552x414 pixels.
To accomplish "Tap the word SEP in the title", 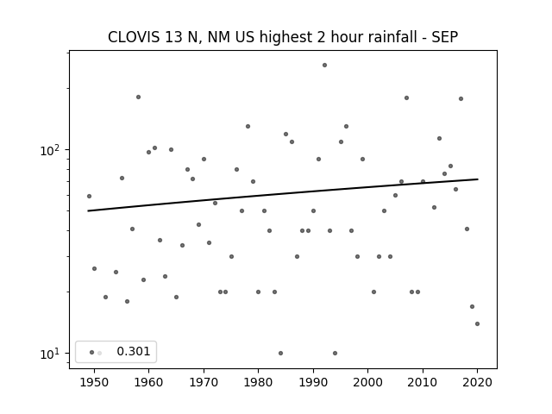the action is (445, 37).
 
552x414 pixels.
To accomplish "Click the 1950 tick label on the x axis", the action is (94, 382).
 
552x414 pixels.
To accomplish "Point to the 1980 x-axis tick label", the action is (258, 382).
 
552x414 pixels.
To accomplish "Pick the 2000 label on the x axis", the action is (367, 382).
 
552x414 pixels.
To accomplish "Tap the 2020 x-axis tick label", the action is (477, 382).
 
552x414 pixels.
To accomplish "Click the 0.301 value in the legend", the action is (134, 351).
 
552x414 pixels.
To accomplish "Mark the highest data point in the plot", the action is (324, 66).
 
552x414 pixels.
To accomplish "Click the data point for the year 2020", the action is (477, 324).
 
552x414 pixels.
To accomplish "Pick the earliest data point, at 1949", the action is (89, 196).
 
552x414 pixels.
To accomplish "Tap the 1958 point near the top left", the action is (138, 97).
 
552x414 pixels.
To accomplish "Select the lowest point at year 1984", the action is (280, 353).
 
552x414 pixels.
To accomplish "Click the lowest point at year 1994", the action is (336, 353).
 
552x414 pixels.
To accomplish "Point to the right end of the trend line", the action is (478, 179).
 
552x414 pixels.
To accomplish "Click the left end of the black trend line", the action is (88, 210).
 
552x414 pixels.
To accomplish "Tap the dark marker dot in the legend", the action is (92, 353).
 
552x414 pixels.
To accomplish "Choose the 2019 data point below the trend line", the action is (472, 307).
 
